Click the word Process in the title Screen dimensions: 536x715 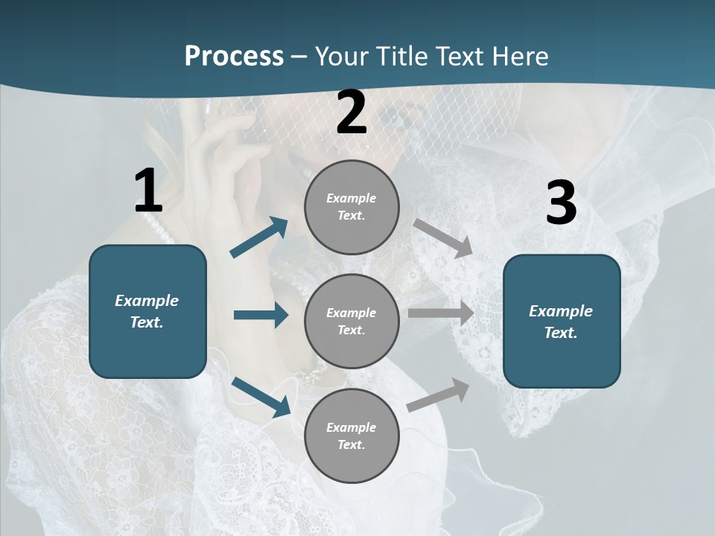(x=234, y=57)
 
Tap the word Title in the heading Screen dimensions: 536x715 (x=401, y=57)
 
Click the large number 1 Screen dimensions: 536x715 (x=148, y=191)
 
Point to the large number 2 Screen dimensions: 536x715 (x=352, y=112)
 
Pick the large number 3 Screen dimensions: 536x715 (x=561, y=203)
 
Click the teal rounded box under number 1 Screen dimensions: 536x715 (x=147, y=311)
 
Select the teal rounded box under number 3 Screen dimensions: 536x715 (x=562, y=321)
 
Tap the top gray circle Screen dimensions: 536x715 (x=352, y=207)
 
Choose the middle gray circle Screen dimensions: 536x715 (x=352, y=321)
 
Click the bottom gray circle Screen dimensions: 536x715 (x=352, y=435)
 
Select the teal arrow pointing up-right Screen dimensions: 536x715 (x=259, y=237)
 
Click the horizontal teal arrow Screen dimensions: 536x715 (x=261, y=316)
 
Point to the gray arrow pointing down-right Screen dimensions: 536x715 (x=443, y=238)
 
